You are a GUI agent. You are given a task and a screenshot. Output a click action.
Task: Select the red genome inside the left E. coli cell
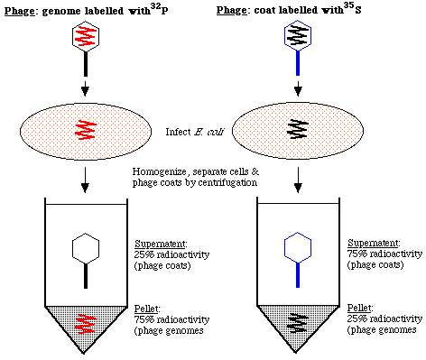point(83,125)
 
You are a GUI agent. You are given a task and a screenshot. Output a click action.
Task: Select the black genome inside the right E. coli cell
point(297,125)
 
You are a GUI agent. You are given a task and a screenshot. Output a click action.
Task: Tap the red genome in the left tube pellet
point(83,319)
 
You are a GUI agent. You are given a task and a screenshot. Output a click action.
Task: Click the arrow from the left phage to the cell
point(83,90)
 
